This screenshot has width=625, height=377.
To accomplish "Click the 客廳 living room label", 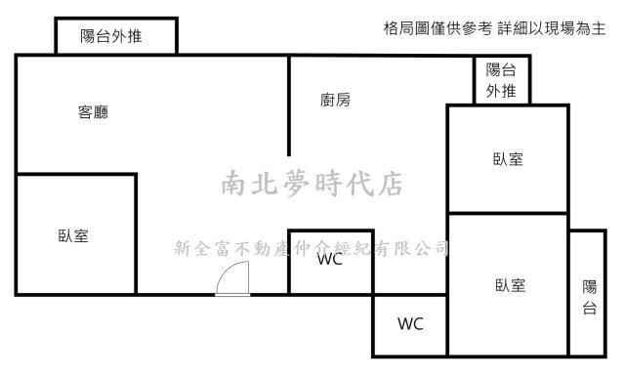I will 93,112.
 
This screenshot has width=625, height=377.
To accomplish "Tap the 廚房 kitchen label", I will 335,100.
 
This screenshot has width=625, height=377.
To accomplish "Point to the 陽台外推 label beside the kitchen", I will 502,80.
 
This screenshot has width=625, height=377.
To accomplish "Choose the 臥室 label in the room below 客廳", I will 73,235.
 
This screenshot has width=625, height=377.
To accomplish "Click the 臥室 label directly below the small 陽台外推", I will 508,159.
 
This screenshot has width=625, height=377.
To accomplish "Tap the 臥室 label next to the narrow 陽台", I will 510,285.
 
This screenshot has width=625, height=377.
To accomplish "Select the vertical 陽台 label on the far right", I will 589,297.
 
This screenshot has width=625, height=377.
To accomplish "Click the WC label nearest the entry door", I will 329,261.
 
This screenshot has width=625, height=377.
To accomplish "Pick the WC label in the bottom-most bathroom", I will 410,324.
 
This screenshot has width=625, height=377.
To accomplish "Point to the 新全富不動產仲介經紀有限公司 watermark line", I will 311,248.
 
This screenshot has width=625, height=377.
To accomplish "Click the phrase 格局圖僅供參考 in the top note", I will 438,29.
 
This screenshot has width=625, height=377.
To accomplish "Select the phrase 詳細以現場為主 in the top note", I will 552,29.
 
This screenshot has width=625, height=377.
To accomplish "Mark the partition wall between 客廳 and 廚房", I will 289,105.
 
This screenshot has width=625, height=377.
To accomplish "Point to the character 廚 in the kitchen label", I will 327,100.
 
